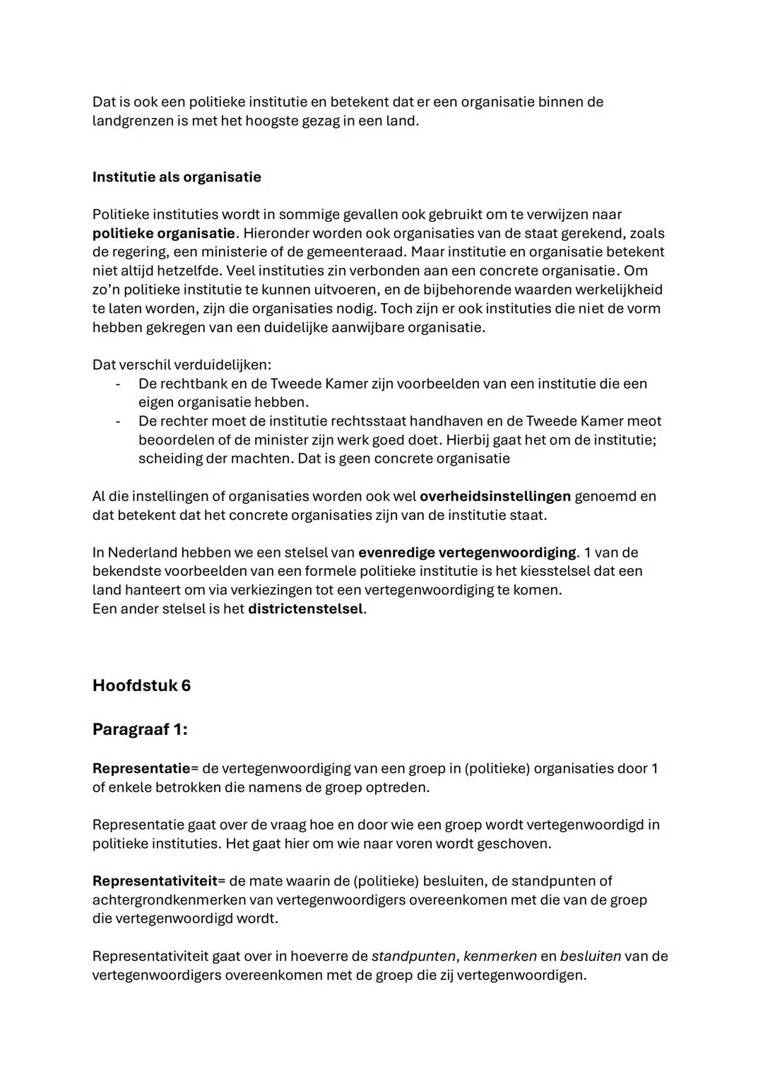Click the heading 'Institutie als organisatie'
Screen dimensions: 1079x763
click(177, 177)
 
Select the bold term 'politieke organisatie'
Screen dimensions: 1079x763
click(163, 233)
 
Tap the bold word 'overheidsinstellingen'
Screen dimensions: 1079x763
click(495, 496)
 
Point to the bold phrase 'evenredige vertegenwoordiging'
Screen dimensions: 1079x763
click(467, 553)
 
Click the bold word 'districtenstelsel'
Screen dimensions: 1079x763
click(305, 609)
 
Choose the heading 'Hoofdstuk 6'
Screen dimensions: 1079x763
click(141, 686)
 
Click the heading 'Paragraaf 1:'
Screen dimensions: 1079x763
click(140, 729)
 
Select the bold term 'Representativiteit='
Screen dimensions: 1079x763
click(158, 881)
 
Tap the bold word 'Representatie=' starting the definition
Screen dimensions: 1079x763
click(145, 768)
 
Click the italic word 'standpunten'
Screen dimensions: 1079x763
click(413, 957)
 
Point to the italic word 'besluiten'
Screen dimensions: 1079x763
click(591, 957)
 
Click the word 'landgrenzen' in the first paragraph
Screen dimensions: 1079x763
click(133, 121)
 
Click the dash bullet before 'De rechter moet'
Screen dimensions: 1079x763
click(118, 421)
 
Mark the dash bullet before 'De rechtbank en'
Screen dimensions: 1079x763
click(118, 384)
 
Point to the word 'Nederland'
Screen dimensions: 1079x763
click(142, 553)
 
